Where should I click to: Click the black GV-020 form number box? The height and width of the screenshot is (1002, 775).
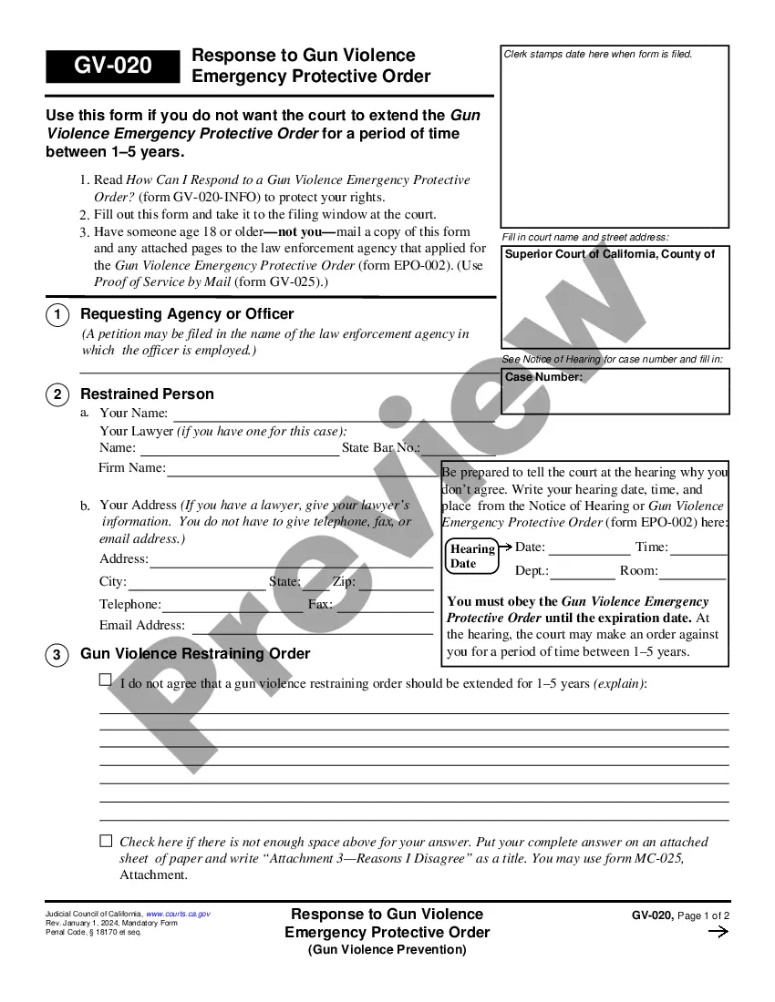[114, 66]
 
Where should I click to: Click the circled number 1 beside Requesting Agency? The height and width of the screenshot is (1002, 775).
[57, 315]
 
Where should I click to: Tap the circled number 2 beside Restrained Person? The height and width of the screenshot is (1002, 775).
[57, 394]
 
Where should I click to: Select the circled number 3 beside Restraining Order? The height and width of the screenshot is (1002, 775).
[57, 655]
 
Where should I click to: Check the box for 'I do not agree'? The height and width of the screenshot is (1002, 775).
[106, 680]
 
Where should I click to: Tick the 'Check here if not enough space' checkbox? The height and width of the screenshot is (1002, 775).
[106, 841]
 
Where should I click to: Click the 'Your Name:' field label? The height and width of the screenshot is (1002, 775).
[133, 414]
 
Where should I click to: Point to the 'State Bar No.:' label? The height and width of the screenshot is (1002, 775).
[381, 447]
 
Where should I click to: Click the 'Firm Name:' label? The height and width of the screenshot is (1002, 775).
[132, 468]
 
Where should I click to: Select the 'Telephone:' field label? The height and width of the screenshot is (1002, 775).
[130, 604]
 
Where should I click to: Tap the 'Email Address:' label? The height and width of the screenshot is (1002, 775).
[142, 625]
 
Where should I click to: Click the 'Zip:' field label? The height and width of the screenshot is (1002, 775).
[344, 581]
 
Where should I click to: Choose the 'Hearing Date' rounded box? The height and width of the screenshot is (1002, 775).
[472, 556]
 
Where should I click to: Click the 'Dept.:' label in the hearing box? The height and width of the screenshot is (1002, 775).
[532, 571]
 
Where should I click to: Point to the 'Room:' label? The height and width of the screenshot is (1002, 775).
[638, 571]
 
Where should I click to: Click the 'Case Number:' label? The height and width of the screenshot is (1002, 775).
[543, 377]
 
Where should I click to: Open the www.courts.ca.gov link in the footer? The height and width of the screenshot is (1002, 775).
[178, 914]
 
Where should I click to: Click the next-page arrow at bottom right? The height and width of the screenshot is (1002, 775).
[718, 932]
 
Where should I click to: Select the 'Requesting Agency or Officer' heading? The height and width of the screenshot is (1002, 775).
[187, 314]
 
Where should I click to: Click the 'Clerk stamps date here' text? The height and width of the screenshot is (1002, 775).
[597, 55]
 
